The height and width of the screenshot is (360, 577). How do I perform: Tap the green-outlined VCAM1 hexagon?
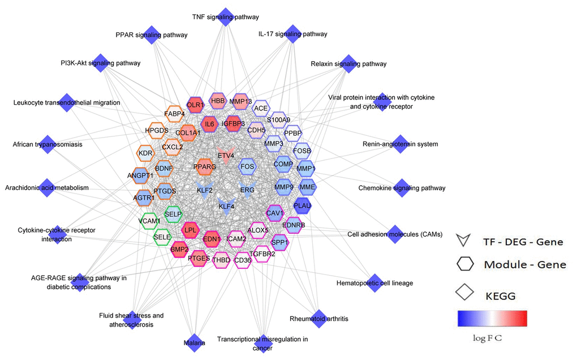click(x=150, y=220)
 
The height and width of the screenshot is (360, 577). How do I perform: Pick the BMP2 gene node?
click(x=180, y=249)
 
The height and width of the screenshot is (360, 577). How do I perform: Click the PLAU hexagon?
click(x=303, y=206)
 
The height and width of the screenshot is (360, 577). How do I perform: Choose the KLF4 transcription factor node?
click(x=227, y=207)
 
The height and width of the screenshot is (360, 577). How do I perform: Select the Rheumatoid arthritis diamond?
click(x=319, y=319)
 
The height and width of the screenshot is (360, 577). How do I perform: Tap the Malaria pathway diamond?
click(x=195, y=343)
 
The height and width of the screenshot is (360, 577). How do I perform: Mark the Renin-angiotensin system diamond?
click(x=400, y=144)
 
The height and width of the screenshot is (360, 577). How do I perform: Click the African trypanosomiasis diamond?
click(x=48, y=144)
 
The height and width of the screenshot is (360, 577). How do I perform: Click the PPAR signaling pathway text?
click(x=151, y=35)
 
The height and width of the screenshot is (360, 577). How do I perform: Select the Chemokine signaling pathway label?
click(x=402, y=188)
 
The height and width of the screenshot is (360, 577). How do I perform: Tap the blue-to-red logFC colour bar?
click(x=492, y=319)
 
